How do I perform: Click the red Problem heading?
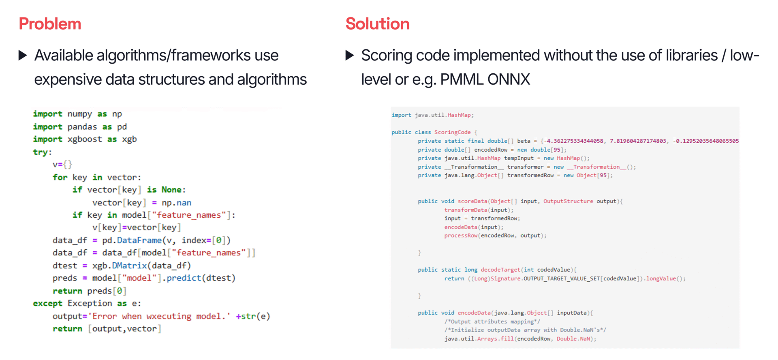coord(50,24)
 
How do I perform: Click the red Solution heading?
coord(377,24)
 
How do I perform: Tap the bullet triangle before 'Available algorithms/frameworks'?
coord(23,55)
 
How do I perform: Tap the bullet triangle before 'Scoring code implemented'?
coord(349,55)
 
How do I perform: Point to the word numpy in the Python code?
coord(79,114)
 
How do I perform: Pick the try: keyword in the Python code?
coord(42,152)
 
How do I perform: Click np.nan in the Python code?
coord(176,203)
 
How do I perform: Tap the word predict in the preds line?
coord(184,278)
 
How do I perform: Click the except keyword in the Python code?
coord(47,303)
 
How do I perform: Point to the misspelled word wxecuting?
coord(169,316)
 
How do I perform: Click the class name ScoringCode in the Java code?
coord(452,132)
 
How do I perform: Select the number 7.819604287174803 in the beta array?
coord(638,141)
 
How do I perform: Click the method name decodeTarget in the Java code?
coord(500,270)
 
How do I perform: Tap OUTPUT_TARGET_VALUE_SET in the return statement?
coord(562,279)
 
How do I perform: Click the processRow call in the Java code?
coord(461,236)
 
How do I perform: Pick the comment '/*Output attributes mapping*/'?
coord(492,321)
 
